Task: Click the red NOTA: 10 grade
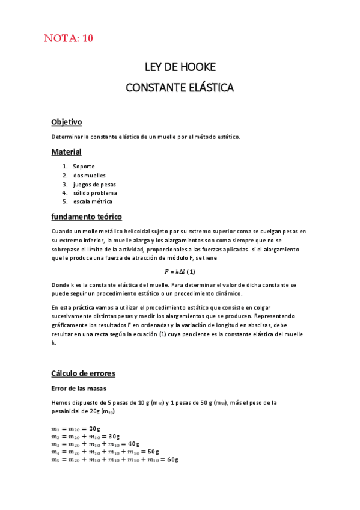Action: click(x=69, y=40)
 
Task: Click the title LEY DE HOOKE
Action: click(x=180, y=67)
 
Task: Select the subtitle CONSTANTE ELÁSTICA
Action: click(x=180, y=88)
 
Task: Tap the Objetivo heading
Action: click(x=66, y=122)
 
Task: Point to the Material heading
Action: click(x=66, y=152)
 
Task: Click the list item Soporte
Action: click(x=84, y=167)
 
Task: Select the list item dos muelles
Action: click(x=90, y=176)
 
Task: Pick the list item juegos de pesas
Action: click(x=94, y=184)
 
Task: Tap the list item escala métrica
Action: click(x=93, y=202)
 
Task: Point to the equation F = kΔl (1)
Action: click(x=180, y=272)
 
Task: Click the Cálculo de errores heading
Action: click(x=83, y=373)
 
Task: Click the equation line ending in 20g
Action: click(x=76, y=429)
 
